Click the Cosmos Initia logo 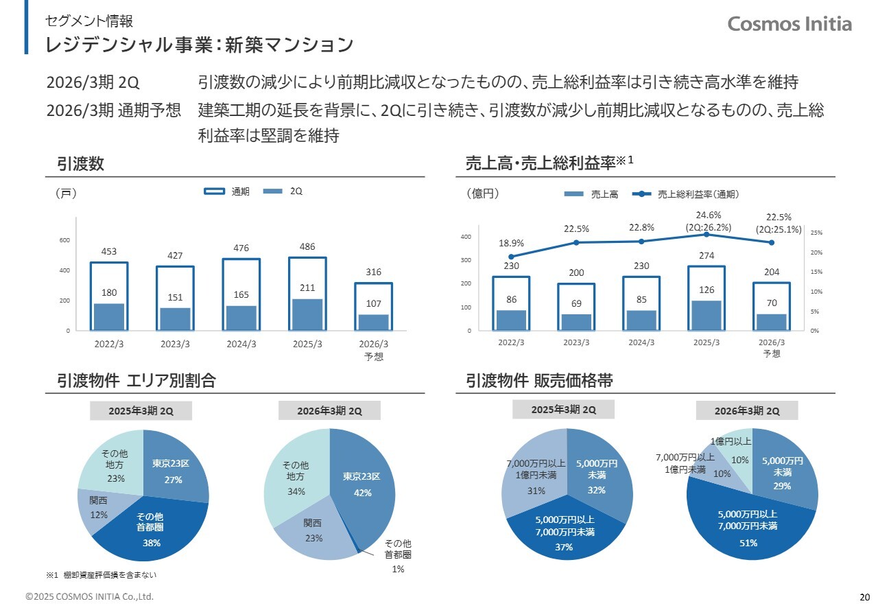790,24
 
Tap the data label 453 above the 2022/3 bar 108,252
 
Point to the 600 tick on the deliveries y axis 64,240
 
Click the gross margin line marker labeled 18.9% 511,257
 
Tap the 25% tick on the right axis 816,233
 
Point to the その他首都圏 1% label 397,554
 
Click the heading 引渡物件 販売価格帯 539,381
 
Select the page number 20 864,596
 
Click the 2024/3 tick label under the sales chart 641,342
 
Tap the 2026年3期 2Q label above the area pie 329,411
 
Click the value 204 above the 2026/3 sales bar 771,272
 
